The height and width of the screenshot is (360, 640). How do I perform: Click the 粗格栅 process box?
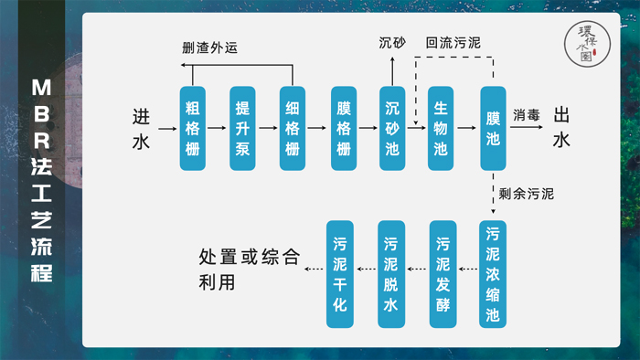pyautogui.click(x=193, y=129)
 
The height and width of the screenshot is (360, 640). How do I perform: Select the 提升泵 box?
pyautogui.click(x=242, y=129)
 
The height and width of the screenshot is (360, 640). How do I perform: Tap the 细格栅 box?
pyautogui.click(x=293, y=129)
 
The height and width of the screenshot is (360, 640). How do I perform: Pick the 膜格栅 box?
pyautogui.click(x=343, y=129)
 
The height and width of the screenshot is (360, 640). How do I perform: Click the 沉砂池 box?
pyautogui.click(x=392, y=129)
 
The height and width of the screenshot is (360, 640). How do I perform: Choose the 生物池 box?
pyautogui.click(x=442, y=129)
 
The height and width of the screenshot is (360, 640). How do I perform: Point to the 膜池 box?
pyautogui.click(x=493, y=129)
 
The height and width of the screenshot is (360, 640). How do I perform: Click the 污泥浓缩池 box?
pyautogui.click(x=493, y=275)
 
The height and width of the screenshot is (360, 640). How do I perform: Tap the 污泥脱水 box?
pyautogui.click(x=391, y=275)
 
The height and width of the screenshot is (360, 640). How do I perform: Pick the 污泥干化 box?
pyautogui.click(x=340, y=275)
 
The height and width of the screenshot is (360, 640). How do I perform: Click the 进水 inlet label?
pyautogui.click(x=141, y=129)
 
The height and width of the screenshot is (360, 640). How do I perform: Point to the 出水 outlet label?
pyautogui.click(x=562, y=129)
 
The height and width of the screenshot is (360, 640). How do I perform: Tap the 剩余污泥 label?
pyautogui.click(x=527, y=194)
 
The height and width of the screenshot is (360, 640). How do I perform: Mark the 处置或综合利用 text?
pyautogui.click(x=249, y=270)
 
